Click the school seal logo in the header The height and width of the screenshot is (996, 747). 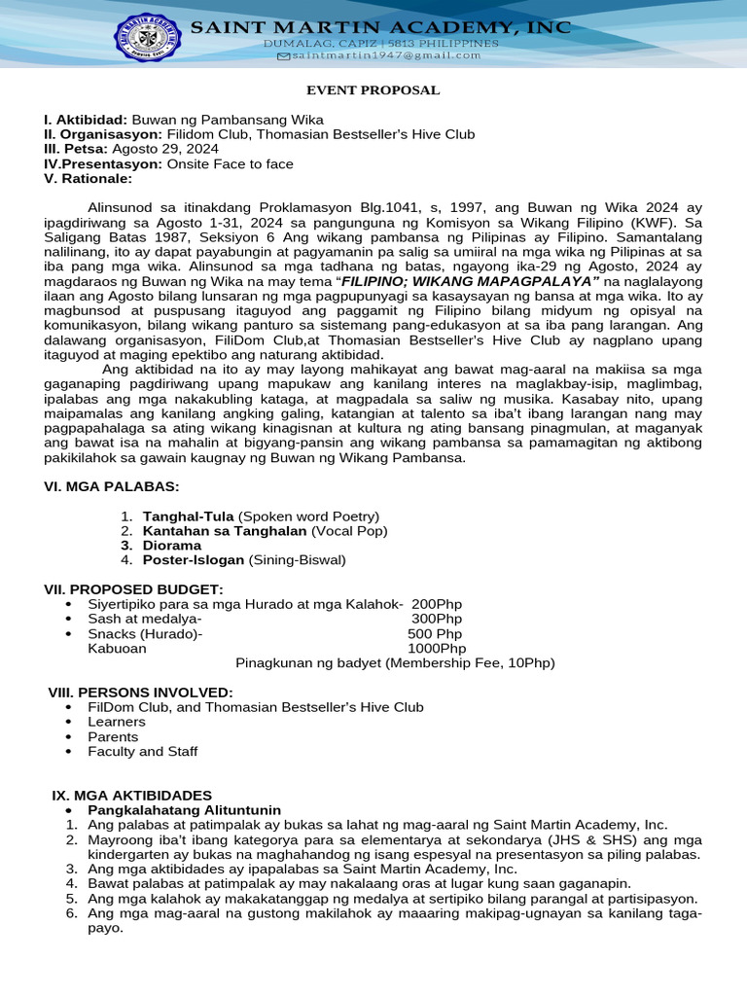[149, 42]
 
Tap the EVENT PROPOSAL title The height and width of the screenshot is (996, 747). [373, 90]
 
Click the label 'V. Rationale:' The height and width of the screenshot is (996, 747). [88, 179]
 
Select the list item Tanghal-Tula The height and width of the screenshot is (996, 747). [189, 516]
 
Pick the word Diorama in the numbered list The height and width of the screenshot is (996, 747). [171, 545]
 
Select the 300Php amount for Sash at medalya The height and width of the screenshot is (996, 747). [437, 619]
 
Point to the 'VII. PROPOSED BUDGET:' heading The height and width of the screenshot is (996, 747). [133, 589]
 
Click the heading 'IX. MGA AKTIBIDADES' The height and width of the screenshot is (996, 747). [131, 795]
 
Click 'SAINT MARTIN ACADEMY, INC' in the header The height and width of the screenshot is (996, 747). [380, 28]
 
